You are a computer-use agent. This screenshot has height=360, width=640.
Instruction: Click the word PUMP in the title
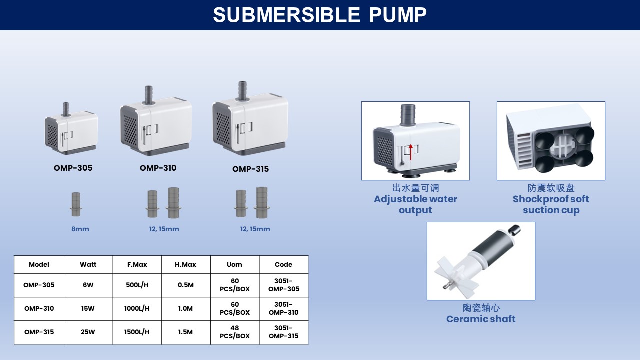click(398, 15)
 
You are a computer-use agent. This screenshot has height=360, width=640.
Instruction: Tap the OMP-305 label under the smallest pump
click(73, 168)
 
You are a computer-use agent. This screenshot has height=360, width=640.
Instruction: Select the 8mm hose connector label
click(80, 229)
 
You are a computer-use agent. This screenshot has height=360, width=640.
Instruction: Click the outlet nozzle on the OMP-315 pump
click(242, 91)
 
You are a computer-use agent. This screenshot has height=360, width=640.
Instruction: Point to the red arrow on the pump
click(411, 152)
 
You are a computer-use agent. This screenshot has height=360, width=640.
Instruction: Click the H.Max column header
click(185, 265)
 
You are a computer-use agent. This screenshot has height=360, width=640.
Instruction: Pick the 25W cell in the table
click(88, 332)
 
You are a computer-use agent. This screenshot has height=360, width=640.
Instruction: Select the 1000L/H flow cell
click(137, 309)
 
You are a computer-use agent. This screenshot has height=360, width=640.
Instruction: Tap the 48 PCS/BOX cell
click(235, 332)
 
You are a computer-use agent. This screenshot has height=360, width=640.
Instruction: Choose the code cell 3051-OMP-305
click(283, 285)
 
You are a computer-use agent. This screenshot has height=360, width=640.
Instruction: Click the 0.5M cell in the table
click(185, 285)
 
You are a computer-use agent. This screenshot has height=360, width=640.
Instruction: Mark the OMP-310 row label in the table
click(39, 309)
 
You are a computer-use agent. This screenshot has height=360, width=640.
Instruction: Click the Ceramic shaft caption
click(481, 319)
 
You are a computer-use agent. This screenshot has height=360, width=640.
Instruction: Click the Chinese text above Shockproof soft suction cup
click(551, 188)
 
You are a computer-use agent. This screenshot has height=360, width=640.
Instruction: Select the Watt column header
click(88, 265)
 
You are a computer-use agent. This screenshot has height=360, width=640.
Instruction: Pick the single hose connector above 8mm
click(76, 204)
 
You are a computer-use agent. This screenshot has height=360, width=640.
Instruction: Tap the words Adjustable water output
click(415, 204)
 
